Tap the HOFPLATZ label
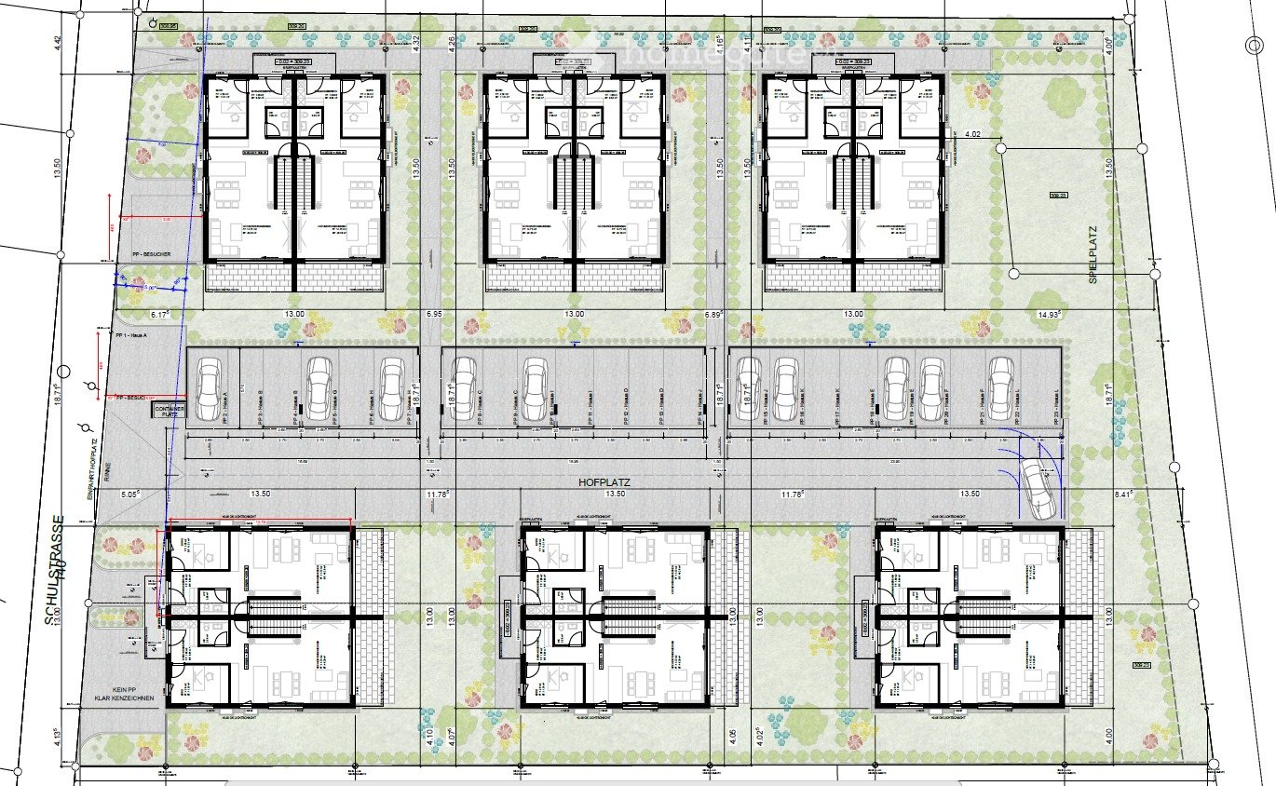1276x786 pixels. (604, 482)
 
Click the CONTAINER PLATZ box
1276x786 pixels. (170, 411)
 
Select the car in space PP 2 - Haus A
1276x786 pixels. (208, 383)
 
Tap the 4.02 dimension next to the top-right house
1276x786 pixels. (972, 134)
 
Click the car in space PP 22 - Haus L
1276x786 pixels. (1000, 387)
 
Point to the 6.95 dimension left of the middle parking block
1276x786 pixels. (433, 315)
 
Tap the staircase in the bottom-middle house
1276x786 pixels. (629, 617)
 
